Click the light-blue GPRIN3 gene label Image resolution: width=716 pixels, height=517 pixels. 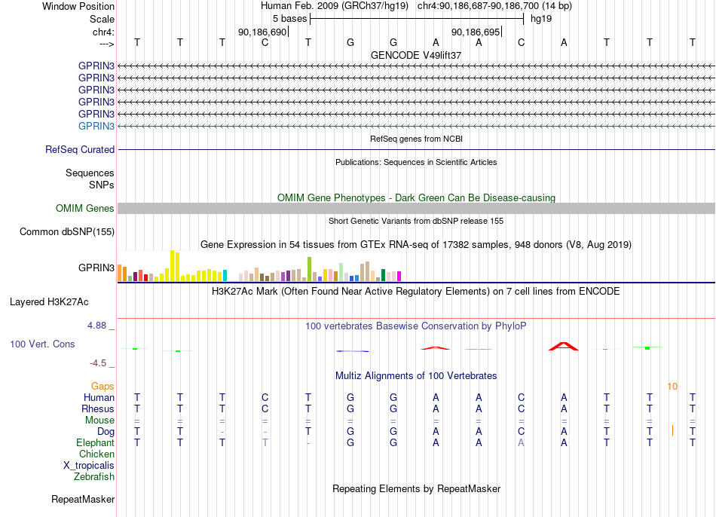(96, 126)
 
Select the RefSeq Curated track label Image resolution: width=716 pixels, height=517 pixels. (80, 149)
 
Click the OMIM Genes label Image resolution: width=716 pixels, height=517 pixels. (85, 208)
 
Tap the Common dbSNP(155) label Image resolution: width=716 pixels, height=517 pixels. (67, 231)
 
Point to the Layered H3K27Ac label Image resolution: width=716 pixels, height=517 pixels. (49, 302)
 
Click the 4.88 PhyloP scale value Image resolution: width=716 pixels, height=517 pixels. (96, 325)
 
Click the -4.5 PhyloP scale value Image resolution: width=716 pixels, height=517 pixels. (98, 363)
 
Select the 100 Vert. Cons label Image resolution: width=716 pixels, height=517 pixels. (42, 344)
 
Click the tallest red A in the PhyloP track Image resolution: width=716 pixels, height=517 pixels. (564, 346)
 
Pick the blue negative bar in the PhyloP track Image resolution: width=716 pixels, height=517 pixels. (353, 351)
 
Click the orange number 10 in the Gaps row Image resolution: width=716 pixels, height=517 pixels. (672, 387)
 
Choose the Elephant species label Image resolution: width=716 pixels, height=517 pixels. (96, 442)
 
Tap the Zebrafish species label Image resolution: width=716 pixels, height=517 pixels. (94, 476)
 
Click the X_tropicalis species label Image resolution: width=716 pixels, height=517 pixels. (89, 466)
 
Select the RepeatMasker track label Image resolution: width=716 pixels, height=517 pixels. (83, 499)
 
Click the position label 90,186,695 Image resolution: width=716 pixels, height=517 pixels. (476, 32)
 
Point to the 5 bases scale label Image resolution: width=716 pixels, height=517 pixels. (290, 19)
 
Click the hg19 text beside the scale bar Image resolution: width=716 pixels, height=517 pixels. (541, 19)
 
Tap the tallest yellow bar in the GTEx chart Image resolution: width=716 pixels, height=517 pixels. (172, 265)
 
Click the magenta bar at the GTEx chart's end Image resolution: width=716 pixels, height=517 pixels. (399, 276)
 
